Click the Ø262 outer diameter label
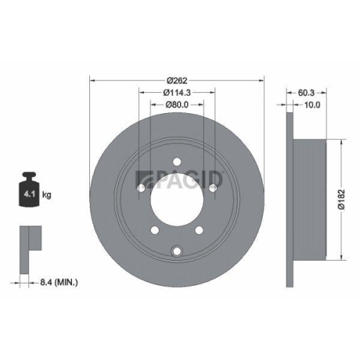pyautogui.click(x=176, y=78)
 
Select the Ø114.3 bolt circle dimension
pyautogui.click(x=176, y=92)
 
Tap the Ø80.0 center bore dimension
pyautogui.click(x=176, y=105)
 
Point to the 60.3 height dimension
pyautogui.click(x=305, y=92)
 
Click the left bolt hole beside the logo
pyautogui.click(x=140, y=188)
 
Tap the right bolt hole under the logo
pyautogui.click(x=213, y=188)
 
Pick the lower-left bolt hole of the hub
pyautogui.click(x=153, y=231)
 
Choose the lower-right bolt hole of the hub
pyautogui.click(x=199, y=231)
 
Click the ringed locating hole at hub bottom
pyautogui.click(x=176, y=251)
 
